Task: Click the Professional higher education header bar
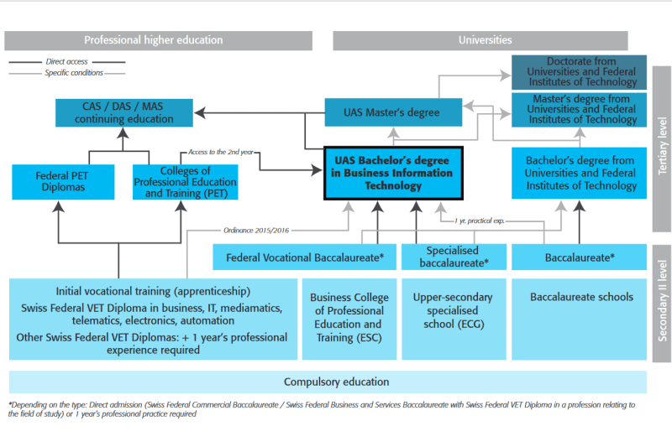click(x=158, y=40)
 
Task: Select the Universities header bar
click(x=480, y=40)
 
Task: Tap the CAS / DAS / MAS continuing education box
click(x=124, y=113)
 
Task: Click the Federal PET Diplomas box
click(x=63, y=182)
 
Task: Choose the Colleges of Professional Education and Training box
click(x=185, y=182)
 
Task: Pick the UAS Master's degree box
click(x=393, y=112)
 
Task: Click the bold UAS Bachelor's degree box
click(x=393, y=174)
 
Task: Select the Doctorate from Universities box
click(x=579, y=72)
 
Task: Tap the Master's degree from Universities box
click(x=579, y=110)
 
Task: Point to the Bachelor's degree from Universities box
click(x=579, y=174)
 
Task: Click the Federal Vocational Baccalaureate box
click(x=304, y=257)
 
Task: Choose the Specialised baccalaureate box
click(x=454, y=257)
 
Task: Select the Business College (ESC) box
click(x=349, y=319)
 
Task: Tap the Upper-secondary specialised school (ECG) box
click(x=454, y=319)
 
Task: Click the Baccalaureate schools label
click(x=581, y=297)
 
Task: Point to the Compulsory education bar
click(x=328, y=382)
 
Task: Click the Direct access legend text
click(x=67, y=61)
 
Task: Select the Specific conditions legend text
click(x=74, y=73)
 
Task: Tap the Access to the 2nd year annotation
click(x=221, y=152)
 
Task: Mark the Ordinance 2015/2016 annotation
click(x=256, y=230)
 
